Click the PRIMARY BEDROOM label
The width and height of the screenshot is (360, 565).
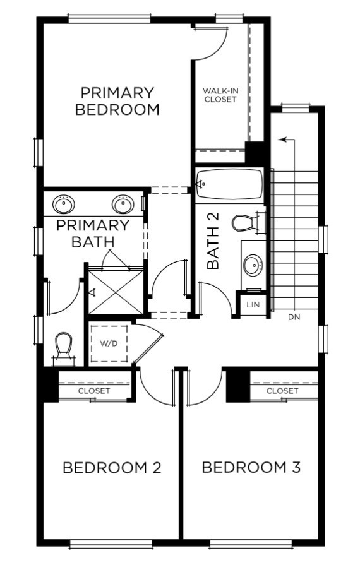point(117,101)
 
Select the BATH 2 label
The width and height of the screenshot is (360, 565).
point(213,241)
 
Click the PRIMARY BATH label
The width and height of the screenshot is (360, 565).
point(93,233)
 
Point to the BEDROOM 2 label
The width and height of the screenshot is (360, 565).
point(112,468)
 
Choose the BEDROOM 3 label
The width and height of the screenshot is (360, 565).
point(251,468)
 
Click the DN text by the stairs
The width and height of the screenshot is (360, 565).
point(294,317)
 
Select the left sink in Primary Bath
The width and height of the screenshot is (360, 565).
point(64,204)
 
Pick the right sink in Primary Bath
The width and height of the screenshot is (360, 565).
point(122,204)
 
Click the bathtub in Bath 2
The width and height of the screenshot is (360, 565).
point(229,184)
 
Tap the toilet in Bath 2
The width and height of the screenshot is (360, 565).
point(245,223)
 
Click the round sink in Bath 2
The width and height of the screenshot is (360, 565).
point(253,265)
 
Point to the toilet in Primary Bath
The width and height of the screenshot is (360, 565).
point(63,347)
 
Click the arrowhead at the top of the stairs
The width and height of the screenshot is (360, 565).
point(282,139)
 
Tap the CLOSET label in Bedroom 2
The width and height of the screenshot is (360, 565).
point(94,391)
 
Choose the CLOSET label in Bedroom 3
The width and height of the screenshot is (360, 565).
point(282,391)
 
